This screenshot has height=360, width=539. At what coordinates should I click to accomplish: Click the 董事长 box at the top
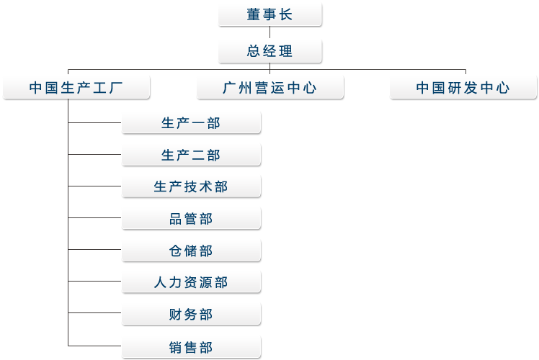[x=270, y=14]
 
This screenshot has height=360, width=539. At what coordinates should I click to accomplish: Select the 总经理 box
[x=270, y=51]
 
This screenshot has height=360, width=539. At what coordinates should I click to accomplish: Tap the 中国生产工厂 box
[x=76, y=88]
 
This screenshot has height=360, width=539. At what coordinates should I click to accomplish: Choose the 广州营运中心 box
[x=270, y=88]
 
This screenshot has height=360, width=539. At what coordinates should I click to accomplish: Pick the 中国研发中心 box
[x=463, y=88]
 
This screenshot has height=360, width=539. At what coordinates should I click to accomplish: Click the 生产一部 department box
[x=191, y=123]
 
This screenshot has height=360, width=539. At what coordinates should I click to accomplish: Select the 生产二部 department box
[x=191, y=155]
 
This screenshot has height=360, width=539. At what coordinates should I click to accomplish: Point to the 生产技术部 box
[x=191, y=186]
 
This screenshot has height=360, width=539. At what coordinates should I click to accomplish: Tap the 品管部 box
[x=191, y=219]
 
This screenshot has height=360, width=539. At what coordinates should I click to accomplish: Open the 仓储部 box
[x=191, y=251]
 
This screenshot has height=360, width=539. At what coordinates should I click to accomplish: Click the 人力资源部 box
[x=191, y=282]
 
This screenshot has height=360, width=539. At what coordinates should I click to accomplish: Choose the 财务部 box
[x=191, y=315]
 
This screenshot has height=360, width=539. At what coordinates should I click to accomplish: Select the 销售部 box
[x=191, y=347]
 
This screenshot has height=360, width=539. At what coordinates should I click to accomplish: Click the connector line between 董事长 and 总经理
[x=270, y=33]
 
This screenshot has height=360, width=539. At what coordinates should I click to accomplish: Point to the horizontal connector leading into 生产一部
[x=95, y=123]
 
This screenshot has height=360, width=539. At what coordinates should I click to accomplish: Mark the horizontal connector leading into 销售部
[x=95, y=346]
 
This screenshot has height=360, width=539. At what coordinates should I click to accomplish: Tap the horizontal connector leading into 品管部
[x=95, y=218]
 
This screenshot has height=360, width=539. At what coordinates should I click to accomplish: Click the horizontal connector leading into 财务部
[x=95, y=314]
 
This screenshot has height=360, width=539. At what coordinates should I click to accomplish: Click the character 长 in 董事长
[x=287, y=14]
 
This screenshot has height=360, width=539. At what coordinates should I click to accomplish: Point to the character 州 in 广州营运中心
[x=246, y=88]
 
